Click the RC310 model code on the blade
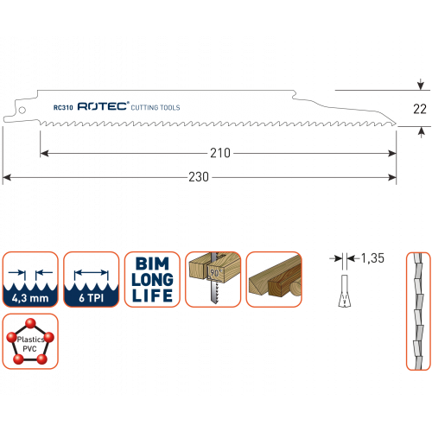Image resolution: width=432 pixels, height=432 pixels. (63, 107)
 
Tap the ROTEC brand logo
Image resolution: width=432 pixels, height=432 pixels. (104, 106)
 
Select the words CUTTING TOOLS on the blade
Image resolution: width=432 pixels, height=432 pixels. (156, 107)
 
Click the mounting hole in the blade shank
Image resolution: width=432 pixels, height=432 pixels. (22, 110)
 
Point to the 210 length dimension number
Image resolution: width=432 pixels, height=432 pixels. (220, 153)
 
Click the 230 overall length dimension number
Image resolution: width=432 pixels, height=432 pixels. (199, 177)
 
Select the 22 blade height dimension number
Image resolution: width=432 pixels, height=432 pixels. (420, 109)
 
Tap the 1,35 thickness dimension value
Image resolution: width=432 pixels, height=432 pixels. (372, 258)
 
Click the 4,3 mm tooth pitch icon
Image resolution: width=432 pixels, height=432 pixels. (30, 279)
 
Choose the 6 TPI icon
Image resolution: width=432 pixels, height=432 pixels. (92, 279)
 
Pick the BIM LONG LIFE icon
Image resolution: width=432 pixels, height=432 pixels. (152, 279)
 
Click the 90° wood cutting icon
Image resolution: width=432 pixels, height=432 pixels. (213, 279)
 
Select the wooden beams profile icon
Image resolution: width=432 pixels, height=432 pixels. (274, 279)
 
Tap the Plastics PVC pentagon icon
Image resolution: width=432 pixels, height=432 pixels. (30, 341)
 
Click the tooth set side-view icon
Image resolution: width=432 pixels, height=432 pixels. (418, 311)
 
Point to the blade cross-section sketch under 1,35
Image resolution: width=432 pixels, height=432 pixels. (345, 291)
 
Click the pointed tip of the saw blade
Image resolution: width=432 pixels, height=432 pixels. (397, 124)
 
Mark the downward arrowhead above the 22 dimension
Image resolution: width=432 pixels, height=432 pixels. (421, 86)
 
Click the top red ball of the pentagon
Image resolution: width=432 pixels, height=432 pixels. (30, 323)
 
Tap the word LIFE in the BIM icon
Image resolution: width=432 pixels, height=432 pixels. (152, 295)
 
